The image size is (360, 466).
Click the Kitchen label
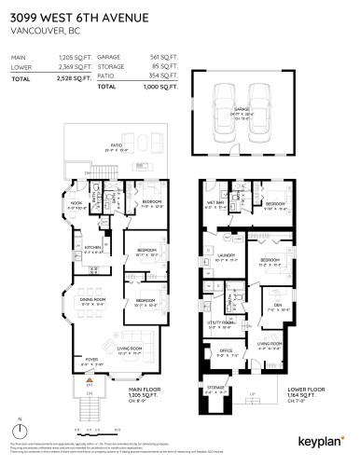pyautogui.click(x=92, y=247)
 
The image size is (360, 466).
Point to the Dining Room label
pyautogui.click(x=91, y=301)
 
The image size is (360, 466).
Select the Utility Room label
pyautogui.click(x=219, y=325)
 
